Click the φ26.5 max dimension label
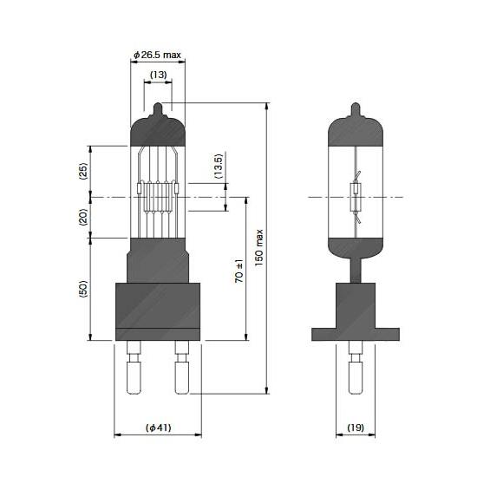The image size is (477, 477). pos(158,55)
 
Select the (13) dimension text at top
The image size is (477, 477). pos(158,75)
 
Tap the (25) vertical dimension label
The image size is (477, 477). pos(82,171)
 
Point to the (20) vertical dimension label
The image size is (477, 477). pos(82,217)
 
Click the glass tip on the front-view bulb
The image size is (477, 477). pos(158,109)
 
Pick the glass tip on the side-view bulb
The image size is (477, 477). pos(355,109)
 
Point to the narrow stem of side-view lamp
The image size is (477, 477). pos(355,271)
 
